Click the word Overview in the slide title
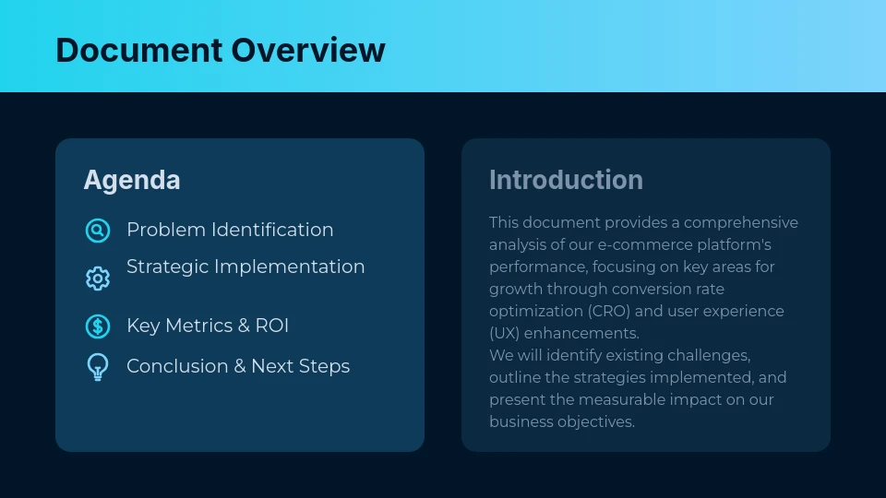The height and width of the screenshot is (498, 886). click(x=307, y=50)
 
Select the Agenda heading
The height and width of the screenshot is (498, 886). click(x=132, y=180)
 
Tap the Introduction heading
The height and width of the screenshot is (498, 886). click(x=566, y=180)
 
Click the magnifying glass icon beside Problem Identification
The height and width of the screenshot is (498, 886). click(x=98, y=231)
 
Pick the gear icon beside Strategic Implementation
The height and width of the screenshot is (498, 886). click(x=98, y=279)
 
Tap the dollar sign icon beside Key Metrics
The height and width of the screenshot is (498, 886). click(x=98, y=326)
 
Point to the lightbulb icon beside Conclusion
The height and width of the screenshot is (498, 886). click(x=98, y=367)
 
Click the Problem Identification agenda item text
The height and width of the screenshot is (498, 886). click(x=230, y=230)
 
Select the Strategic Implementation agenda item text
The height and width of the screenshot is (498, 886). click(x=245, y=267)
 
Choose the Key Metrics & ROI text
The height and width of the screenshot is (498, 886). click(x=208, y=326)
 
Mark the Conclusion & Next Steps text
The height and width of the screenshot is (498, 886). click(x=238, y=366)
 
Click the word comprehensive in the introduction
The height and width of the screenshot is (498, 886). click(x=740, y=222)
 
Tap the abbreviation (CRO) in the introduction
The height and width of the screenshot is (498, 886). click(x=610, y=311)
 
